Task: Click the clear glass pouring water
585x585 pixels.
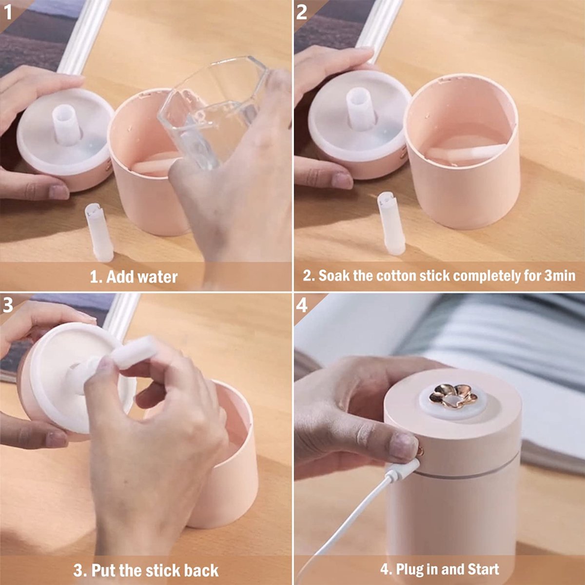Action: coord(213,112)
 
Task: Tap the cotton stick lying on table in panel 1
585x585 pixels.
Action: coord(99,232)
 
